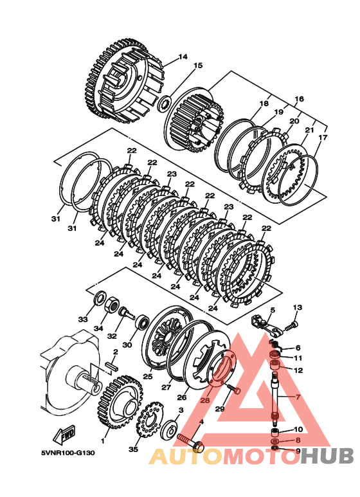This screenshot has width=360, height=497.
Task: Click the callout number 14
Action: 183,57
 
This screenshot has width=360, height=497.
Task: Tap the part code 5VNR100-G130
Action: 67,453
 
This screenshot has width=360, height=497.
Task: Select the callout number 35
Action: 134,449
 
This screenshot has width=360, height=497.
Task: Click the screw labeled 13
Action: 292,325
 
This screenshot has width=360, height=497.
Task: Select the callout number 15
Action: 198,66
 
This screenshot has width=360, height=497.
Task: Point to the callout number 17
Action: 323,138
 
